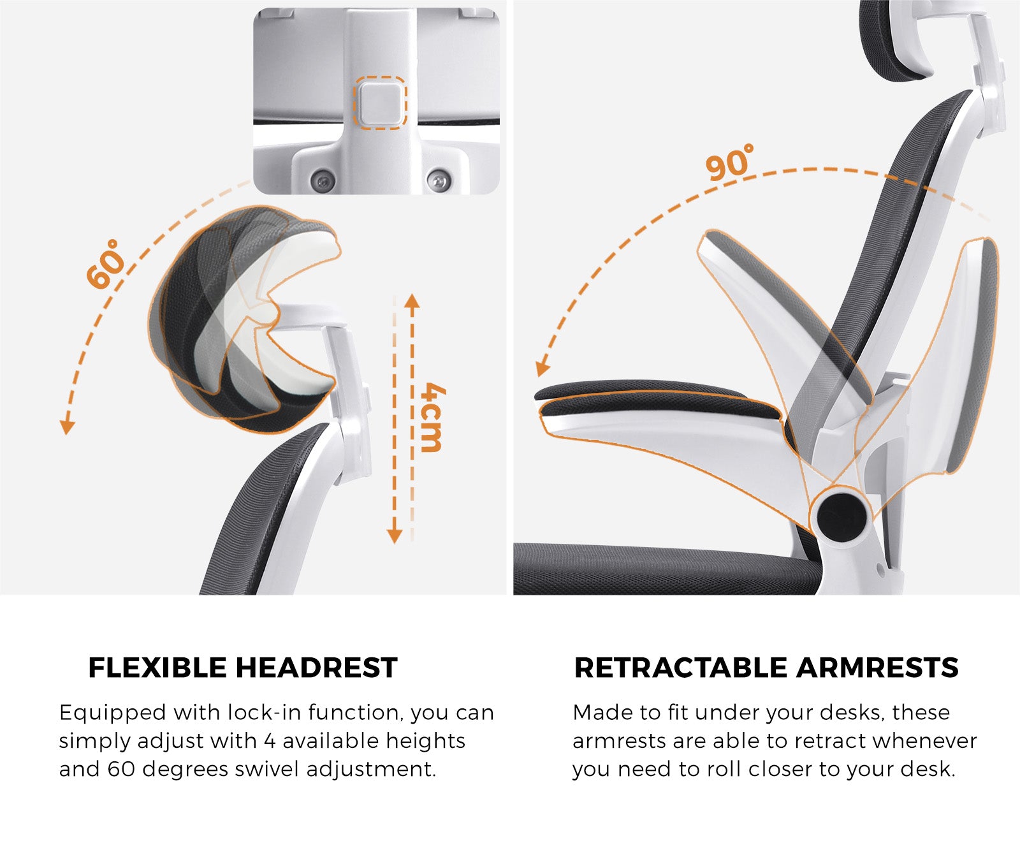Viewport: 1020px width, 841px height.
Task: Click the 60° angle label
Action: [106, 264]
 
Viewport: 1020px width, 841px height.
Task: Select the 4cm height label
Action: [432, 418]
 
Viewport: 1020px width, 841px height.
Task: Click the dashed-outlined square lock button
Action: [381, 103]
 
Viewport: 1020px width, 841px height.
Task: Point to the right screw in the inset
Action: [439, 179]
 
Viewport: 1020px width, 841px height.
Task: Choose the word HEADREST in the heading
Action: [317, 668]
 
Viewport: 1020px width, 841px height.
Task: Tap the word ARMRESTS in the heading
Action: [877, 668]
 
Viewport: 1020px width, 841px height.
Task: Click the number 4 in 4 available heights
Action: [270, 741]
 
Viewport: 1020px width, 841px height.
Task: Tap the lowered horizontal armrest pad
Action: [657, 402]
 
